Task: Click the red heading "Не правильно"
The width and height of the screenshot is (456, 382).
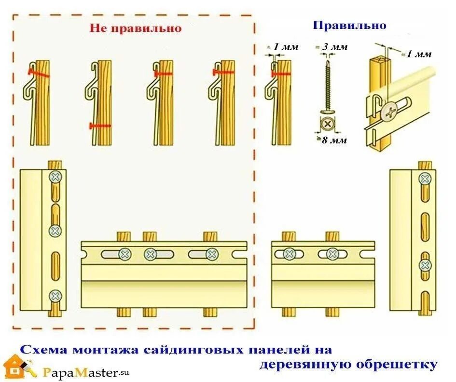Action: pos(136,28)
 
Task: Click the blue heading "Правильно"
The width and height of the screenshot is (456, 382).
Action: pos(349,25)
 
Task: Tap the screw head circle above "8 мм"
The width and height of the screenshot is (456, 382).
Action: pos(328,124)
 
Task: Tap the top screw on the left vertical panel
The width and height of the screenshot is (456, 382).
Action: pos(55,177)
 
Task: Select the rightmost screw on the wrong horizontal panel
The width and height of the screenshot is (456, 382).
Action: pos(211,253)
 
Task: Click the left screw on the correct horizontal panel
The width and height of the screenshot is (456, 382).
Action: pos(290,253)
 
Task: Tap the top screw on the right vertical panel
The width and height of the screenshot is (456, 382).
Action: pos(425,179)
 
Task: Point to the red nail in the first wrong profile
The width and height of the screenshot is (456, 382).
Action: pos(38,73)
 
